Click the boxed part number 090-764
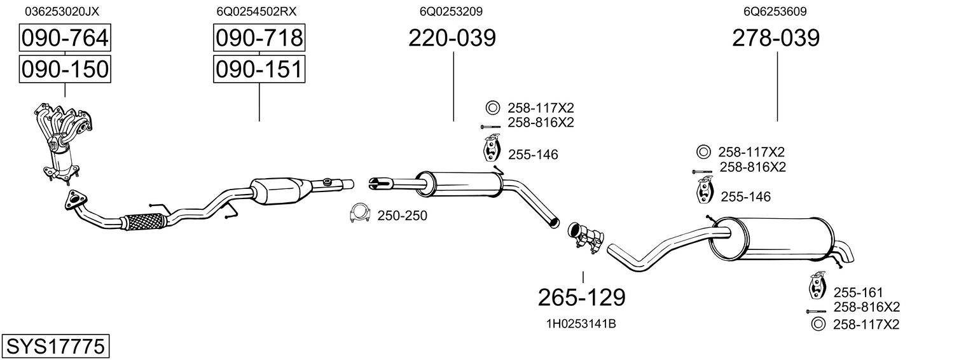pyautogui.click(x=65, y=39)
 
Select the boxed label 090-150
pyautogui.click(x=65, y=69)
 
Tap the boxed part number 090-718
pyautogui.click(x=259, y=39)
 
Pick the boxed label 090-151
pyautogui.click(x=259, y=69)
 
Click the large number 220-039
pyautogui.click(x=452, y=39)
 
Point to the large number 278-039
pyautogui.click(x=776, y=39)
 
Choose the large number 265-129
pyautogui.click(x=582, y=296)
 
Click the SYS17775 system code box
pyautogui.click(x=55, y=347)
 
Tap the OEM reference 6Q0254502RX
pyautogui.click(x=256, y=11)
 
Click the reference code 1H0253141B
pyautogui.click(x=581, y=324)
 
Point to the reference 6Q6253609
pyautogui.click(x=775, y=11)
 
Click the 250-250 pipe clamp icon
pyautogui.click(x=360, y=215)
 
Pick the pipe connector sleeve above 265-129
pyautogui.click(x=583, y=237)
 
